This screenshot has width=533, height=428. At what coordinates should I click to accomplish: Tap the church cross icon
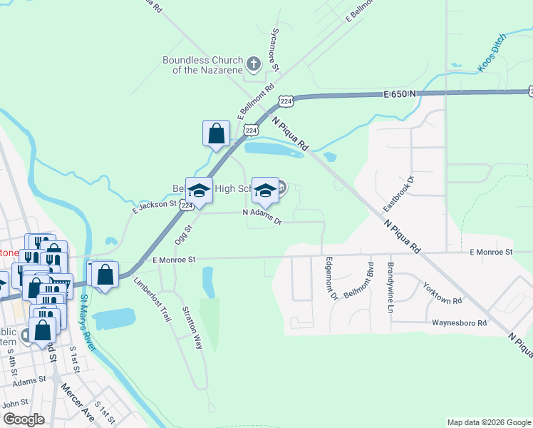coord(252,65)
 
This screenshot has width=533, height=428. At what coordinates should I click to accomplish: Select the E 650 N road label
coord(399,94)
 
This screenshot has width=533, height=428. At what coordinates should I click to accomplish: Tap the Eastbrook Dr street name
coord(398,193)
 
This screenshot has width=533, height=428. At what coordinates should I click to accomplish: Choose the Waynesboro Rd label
coord(459,322)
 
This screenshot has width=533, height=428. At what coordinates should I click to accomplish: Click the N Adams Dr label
coord(262,216)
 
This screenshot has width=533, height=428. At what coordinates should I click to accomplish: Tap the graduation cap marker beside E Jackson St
coord(200,190)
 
